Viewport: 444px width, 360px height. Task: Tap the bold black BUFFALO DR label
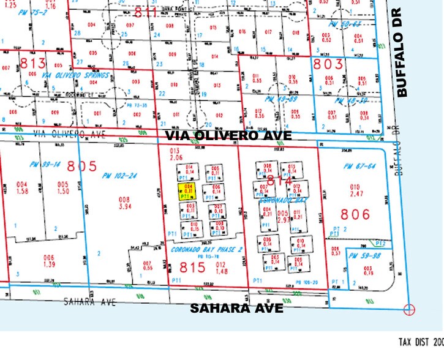pos(402,53)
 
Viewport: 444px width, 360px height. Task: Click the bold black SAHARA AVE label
pos(236,308)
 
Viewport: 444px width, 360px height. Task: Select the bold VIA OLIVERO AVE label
pos(235,135)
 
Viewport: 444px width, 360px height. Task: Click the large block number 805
pos(82,165)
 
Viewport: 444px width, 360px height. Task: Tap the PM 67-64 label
pos(356,166)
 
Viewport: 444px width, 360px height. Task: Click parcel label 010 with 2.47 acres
pos(354,190)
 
